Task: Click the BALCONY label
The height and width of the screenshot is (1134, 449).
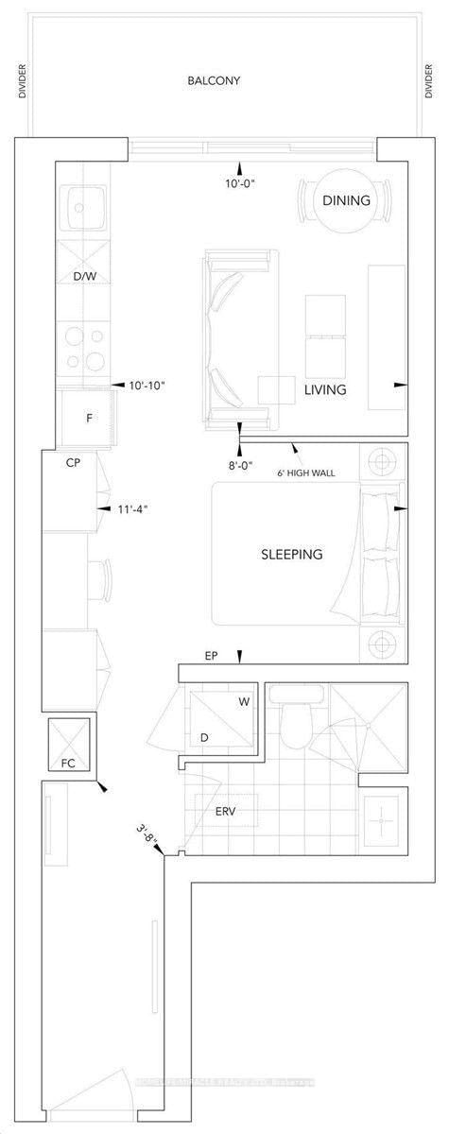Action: (x=213, y=81)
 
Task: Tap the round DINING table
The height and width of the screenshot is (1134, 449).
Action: (x=341, y=200)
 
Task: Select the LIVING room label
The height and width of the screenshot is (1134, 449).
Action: (x=324, y=389)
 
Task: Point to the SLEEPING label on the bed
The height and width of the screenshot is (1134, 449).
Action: (x=291, y=554)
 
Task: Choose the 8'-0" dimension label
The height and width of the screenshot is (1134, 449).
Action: (x=241, y=464)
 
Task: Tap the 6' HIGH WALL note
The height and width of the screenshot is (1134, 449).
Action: (x=307, y=472)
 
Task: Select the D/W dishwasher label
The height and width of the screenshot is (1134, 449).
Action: (x=85, y=277)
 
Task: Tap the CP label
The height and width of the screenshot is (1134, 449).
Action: (x=72, y=464)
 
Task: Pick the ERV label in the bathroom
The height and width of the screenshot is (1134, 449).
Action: (x=226, y=811)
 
